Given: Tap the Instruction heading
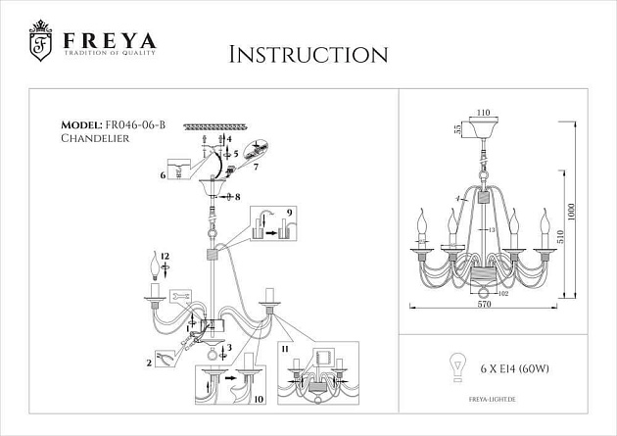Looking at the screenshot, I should click(308, 54).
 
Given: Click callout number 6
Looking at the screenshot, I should click(163, 175).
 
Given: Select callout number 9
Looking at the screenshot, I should click(290, 212).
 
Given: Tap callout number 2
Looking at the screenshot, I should click(150, 362).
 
